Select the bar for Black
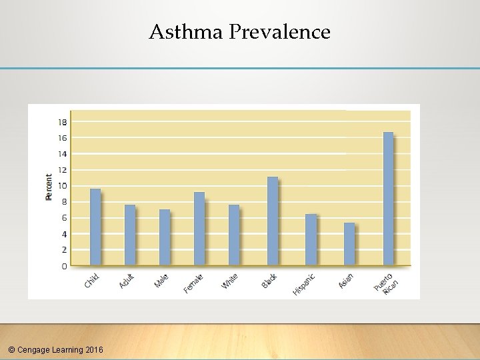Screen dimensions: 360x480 pos(272,221)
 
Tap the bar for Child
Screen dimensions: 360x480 pos(95,227)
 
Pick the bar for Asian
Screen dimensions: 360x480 pos(349,244)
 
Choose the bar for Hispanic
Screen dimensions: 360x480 pos(311,239)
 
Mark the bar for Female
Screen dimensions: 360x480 pos(199,229)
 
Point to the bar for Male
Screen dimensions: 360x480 pos(165,237)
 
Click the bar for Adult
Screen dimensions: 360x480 pos(130,235)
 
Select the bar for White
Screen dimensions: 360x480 pos(234,235)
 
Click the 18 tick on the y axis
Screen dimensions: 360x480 pos(62,122)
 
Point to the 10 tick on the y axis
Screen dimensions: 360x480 pos(62,186)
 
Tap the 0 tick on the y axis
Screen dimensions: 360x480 pos(64,266)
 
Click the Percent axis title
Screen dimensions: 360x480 pos(49,187)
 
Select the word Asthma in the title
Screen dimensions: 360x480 pos(186,31)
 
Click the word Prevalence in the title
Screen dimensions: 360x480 pos(279,31)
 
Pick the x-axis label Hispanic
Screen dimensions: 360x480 pos(303,283)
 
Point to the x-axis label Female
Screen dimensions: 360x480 pos(193,283)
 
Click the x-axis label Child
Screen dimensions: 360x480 pos(91,281)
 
